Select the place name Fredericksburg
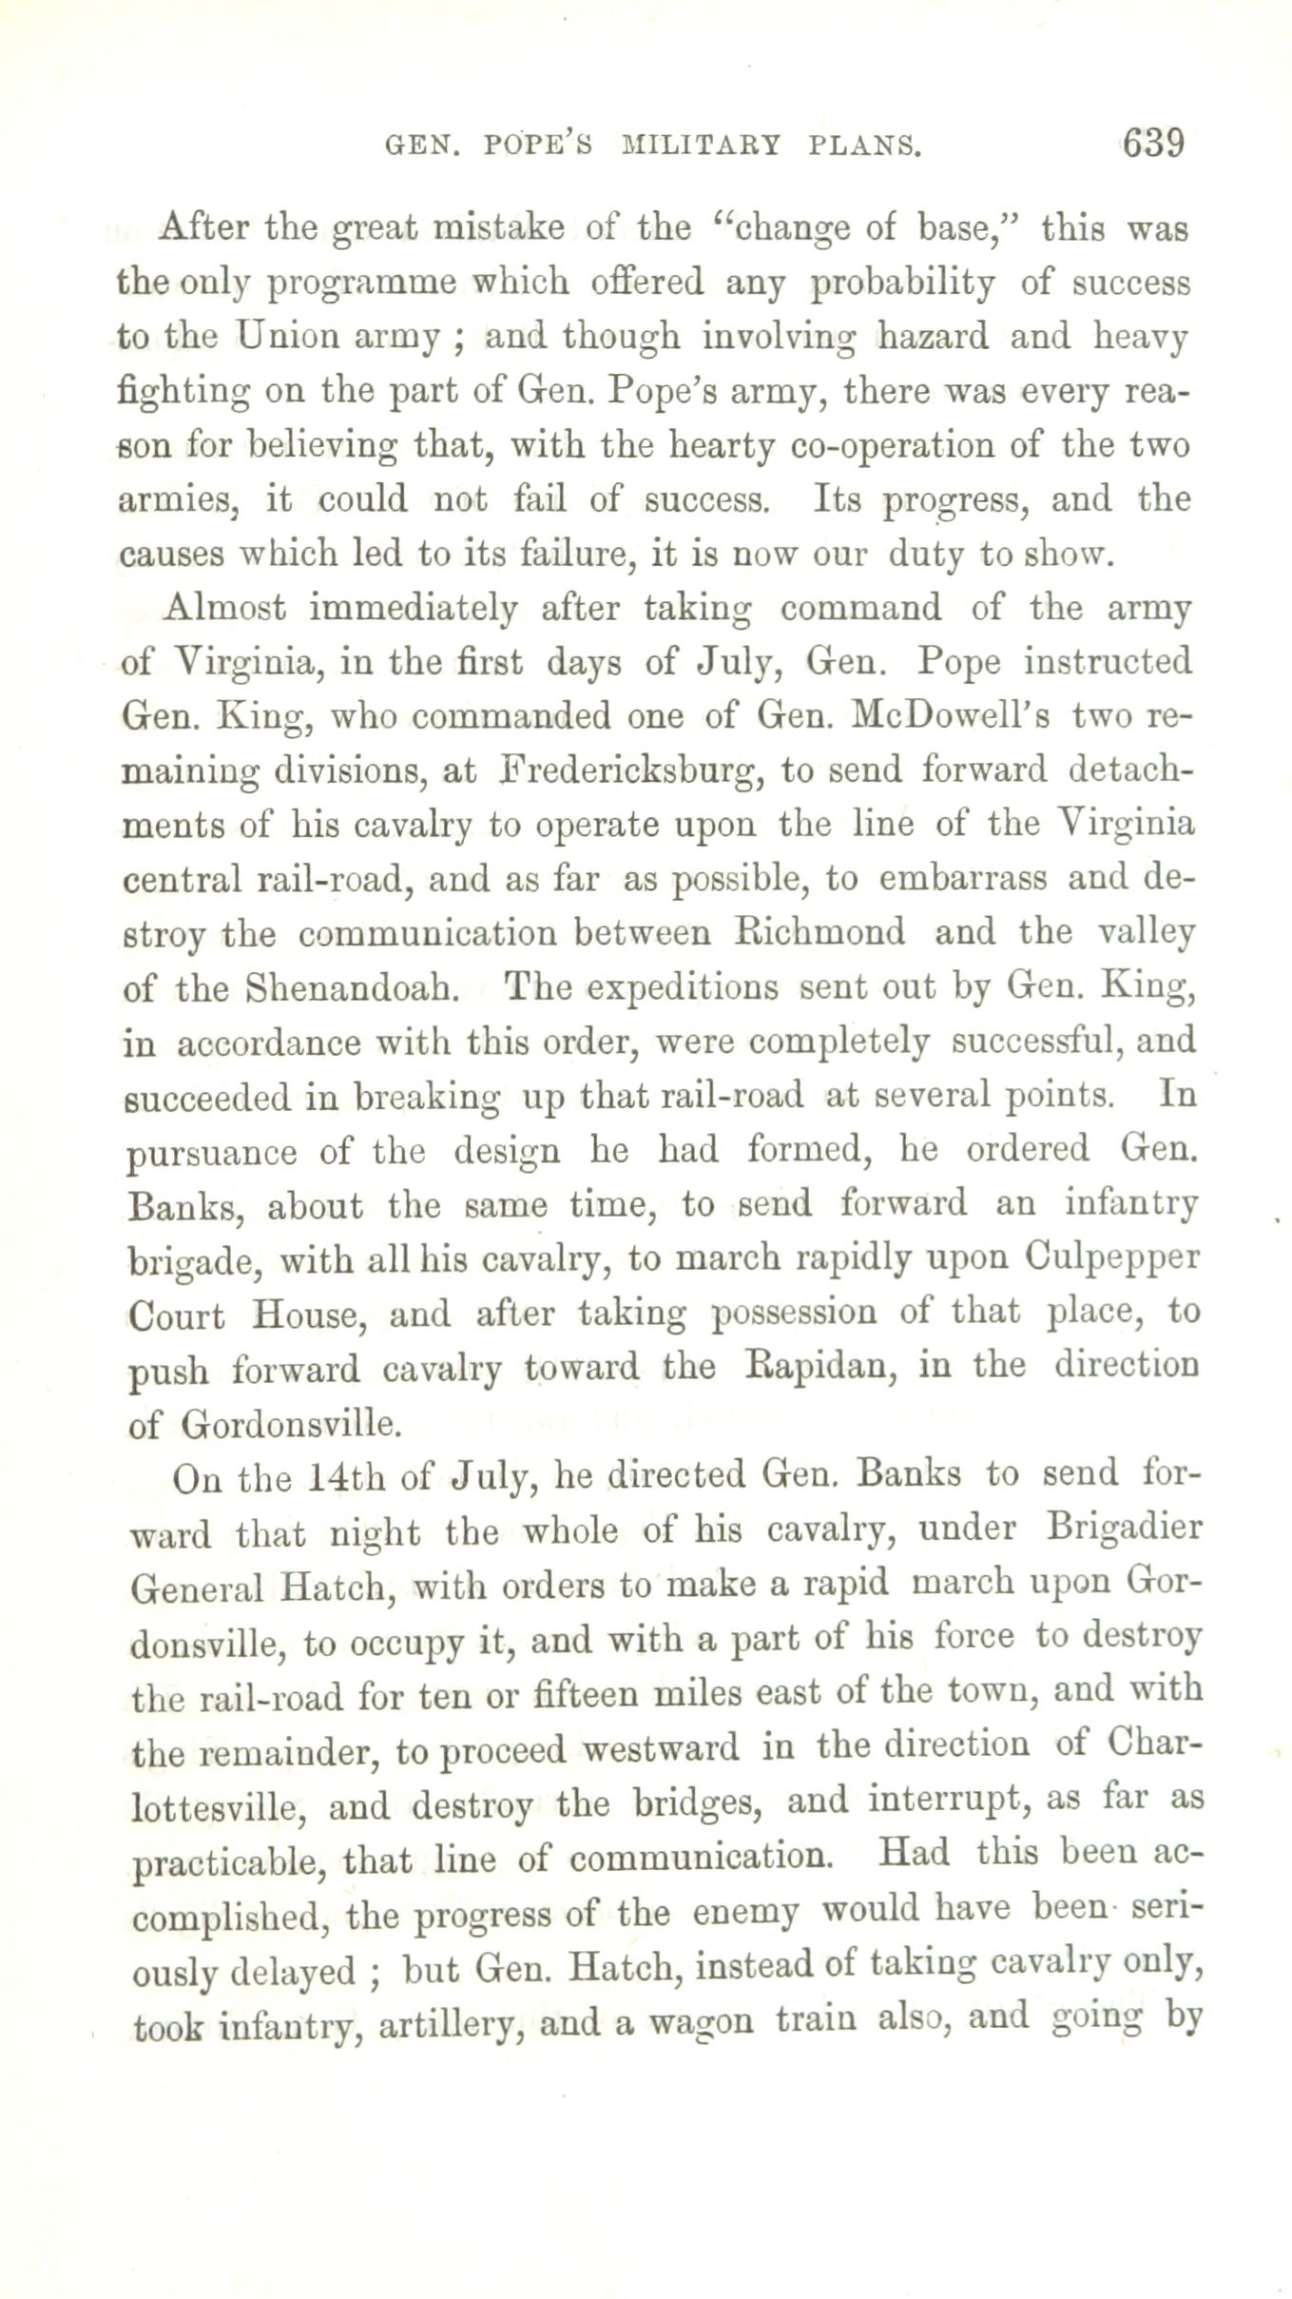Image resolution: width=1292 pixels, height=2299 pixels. click(630, 770)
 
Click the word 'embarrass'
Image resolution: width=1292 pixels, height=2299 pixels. click(962, 879)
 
